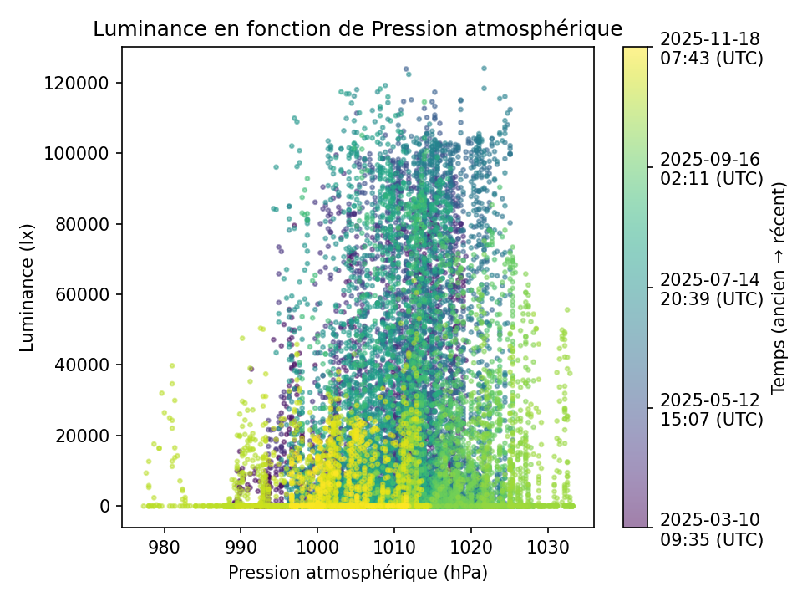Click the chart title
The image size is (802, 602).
[358, 29]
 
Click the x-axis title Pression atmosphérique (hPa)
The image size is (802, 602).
[358, 573]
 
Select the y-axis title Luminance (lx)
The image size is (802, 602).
[28, 287]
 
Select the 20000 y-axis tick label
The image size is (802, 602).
[86, 436]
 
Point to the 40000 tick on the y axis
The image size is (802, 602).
[86, 365]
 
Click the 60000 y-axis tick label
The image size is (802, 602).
[86, 294]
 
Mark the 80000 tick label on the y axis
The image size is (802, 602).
[86, 224]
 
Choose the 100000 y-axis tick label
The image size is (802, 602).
[82, 153]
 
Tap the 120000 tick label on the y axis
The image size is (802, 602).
[82, 83]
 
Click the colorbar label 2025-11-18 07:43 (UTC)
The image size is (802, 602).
[711, 48]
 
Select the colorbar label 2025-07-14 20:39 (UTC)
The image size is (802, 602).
[711, 288]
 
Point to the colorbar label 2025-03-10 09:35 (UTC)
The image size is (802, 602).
[711, 529]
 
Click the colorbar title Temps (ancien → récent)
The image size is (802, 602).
[779, 287]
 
